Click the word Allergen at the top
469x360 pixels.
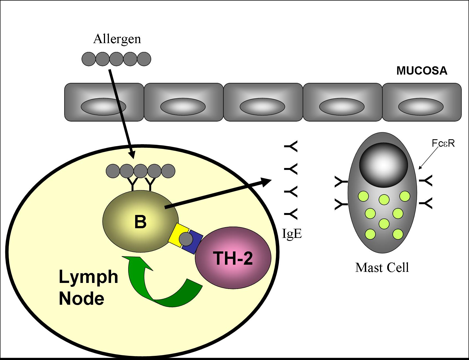pyautogui.click(x=117, y=39)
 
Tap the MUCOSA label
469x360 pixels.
pyautogui.click(x=422, y=71)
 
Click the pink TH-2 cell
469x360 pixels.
pyautogui.click(x=233, y=258)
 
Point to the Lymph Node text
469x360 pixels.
pyautogui.click(x=88, y=287)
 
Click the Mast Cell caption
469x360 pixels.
pyautogui.click(x=382, y=267)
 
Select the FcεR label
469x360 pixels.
pyautogui.click(x=443, y=143)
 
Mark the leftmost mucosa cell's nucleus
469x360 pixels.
pyautogui.click(x=103, y=106)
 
